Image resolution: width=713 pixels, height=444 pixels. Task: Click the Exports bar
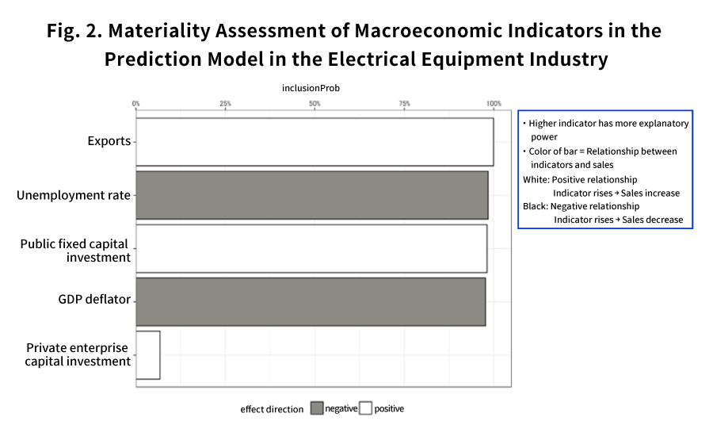click(315, 142)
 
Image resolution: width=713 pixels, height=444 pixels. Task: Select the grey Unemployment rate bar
click(312, 195)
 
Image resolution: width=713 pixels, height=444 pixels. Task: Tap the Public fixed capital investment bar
click(311, 248)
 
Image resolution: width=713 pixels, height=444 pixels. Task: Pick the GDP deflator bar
click(311, 301)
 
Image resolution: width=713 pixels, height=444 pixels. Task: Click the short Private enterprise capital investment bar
click(148, 355)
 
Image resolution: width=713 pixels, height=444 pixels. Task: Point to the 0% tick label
click(136, 104)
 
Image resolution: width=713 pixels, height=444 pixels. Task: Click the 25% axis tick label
click(226, 104)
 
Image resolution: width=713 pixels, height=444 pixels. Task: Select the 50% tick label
click(315, 104)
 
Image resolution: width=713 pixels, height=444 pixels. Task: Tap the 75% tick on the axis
click(404, 104)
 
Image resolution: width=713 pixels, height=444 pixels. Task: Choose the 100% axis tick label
click(494, 104)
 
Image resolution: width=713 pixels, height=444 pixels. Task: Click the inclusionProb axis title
click(311, 88)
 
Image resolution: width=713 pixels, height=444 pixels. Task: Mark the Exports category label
click(109, 141)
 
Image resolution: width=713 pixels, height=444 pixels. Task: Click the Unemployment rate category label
click(74, 195)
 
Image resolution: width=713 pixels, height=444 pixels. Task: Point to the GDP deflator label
click(94, 300)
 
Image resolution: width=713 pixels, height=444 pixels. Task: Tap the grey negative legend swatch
click(317, 408)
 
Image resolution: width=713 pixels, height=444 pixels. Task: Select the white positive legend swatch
click(365, 408)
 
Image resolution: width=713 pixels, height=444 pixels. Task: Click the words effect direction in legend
click(272, 409)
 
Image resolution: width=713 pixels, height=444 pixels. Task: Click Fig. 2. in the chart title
click(74, 31)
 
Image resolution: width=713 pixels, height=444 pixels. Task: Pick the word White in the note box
click(536, 180)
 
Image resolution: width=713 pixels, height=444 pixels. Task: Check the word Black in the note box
click(536, 206)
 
